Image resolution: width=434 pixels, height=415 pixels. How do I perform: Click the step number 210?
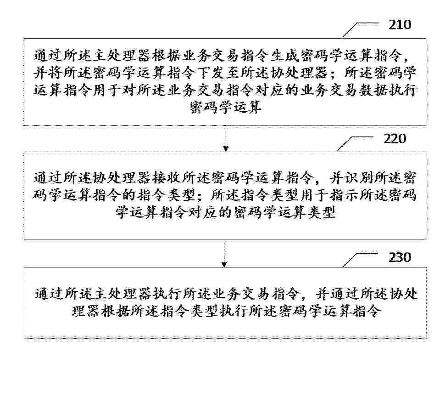point(400,25)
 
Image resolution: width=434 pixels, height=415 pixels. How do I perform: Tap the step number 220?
point(395,139)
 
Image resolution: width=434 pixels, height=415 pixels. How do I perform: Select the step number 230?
point(400,257)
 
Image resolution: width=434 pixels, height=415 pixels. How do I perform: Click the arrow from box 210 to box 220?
point(226,138)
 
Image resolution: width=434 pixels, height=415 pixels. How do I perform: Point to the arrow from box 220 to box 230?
point(224,253)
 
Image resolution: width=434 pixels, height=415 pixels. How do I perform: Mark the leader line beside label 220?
point(355,143)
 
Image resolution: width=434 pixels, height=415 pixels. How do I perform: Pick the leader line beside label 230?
point(360,259)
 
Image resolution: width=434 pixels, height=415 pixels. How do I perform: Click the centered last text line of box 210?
point(225,108)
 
